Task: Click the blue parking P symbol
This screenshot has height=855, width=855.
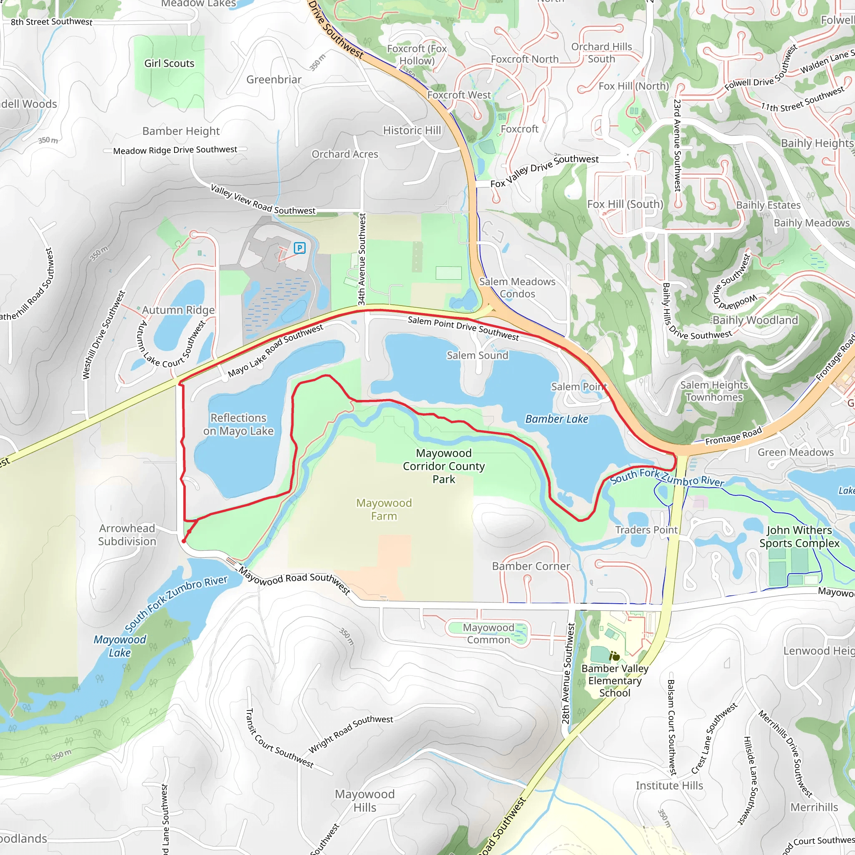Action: (x=300, y=248)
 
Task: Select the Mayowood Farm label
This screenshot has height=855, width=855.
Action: (x=384, y=509)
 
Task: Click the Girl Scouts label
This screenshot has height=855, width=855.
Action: (x=169, y=63)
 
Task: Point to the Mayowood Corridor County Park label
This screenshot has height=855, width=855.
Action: (x=443, y=466)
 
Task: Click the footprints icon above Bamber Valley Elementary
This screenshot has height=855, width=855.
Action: (x=614, y=656)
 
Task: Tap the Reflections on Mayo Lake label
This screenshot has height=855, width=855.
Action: (x=238, y=425)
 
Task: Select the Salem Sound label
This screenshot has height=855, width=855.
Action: (x=477, y=355)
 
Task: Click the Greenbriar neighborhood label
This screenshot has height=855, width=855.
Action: (x=273, y=80)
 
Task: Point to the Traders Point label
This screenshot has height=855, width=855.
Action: (x=646, y=530)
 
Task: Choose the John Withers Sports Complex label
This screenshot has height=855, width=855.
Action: (x=799, y=536)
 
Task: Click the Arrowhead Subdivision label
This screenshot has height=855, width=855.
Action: (x=127, y=535)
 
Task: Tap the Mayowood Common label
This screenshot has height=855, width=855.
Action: (x=488, y=634)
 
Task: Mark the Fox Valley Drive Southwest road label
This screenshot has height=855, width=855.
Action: (x=544, y=171)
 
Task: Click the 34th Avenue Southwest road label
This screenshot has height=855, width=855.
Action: (x=362, y=259)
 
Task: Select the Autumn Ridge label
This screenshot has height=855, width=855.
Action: (x=178, y=310)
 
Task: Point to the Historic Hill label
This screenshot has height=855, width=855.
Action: (x=412, y=131)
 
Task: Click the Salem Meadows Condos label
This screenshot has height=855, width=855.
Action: (x=517, y=288)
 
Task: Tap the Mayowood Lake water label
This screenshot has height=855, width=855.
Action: (x=119, y=646)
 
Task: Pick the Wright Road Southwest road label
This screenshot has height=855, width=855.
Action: (x=351, y=734)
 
